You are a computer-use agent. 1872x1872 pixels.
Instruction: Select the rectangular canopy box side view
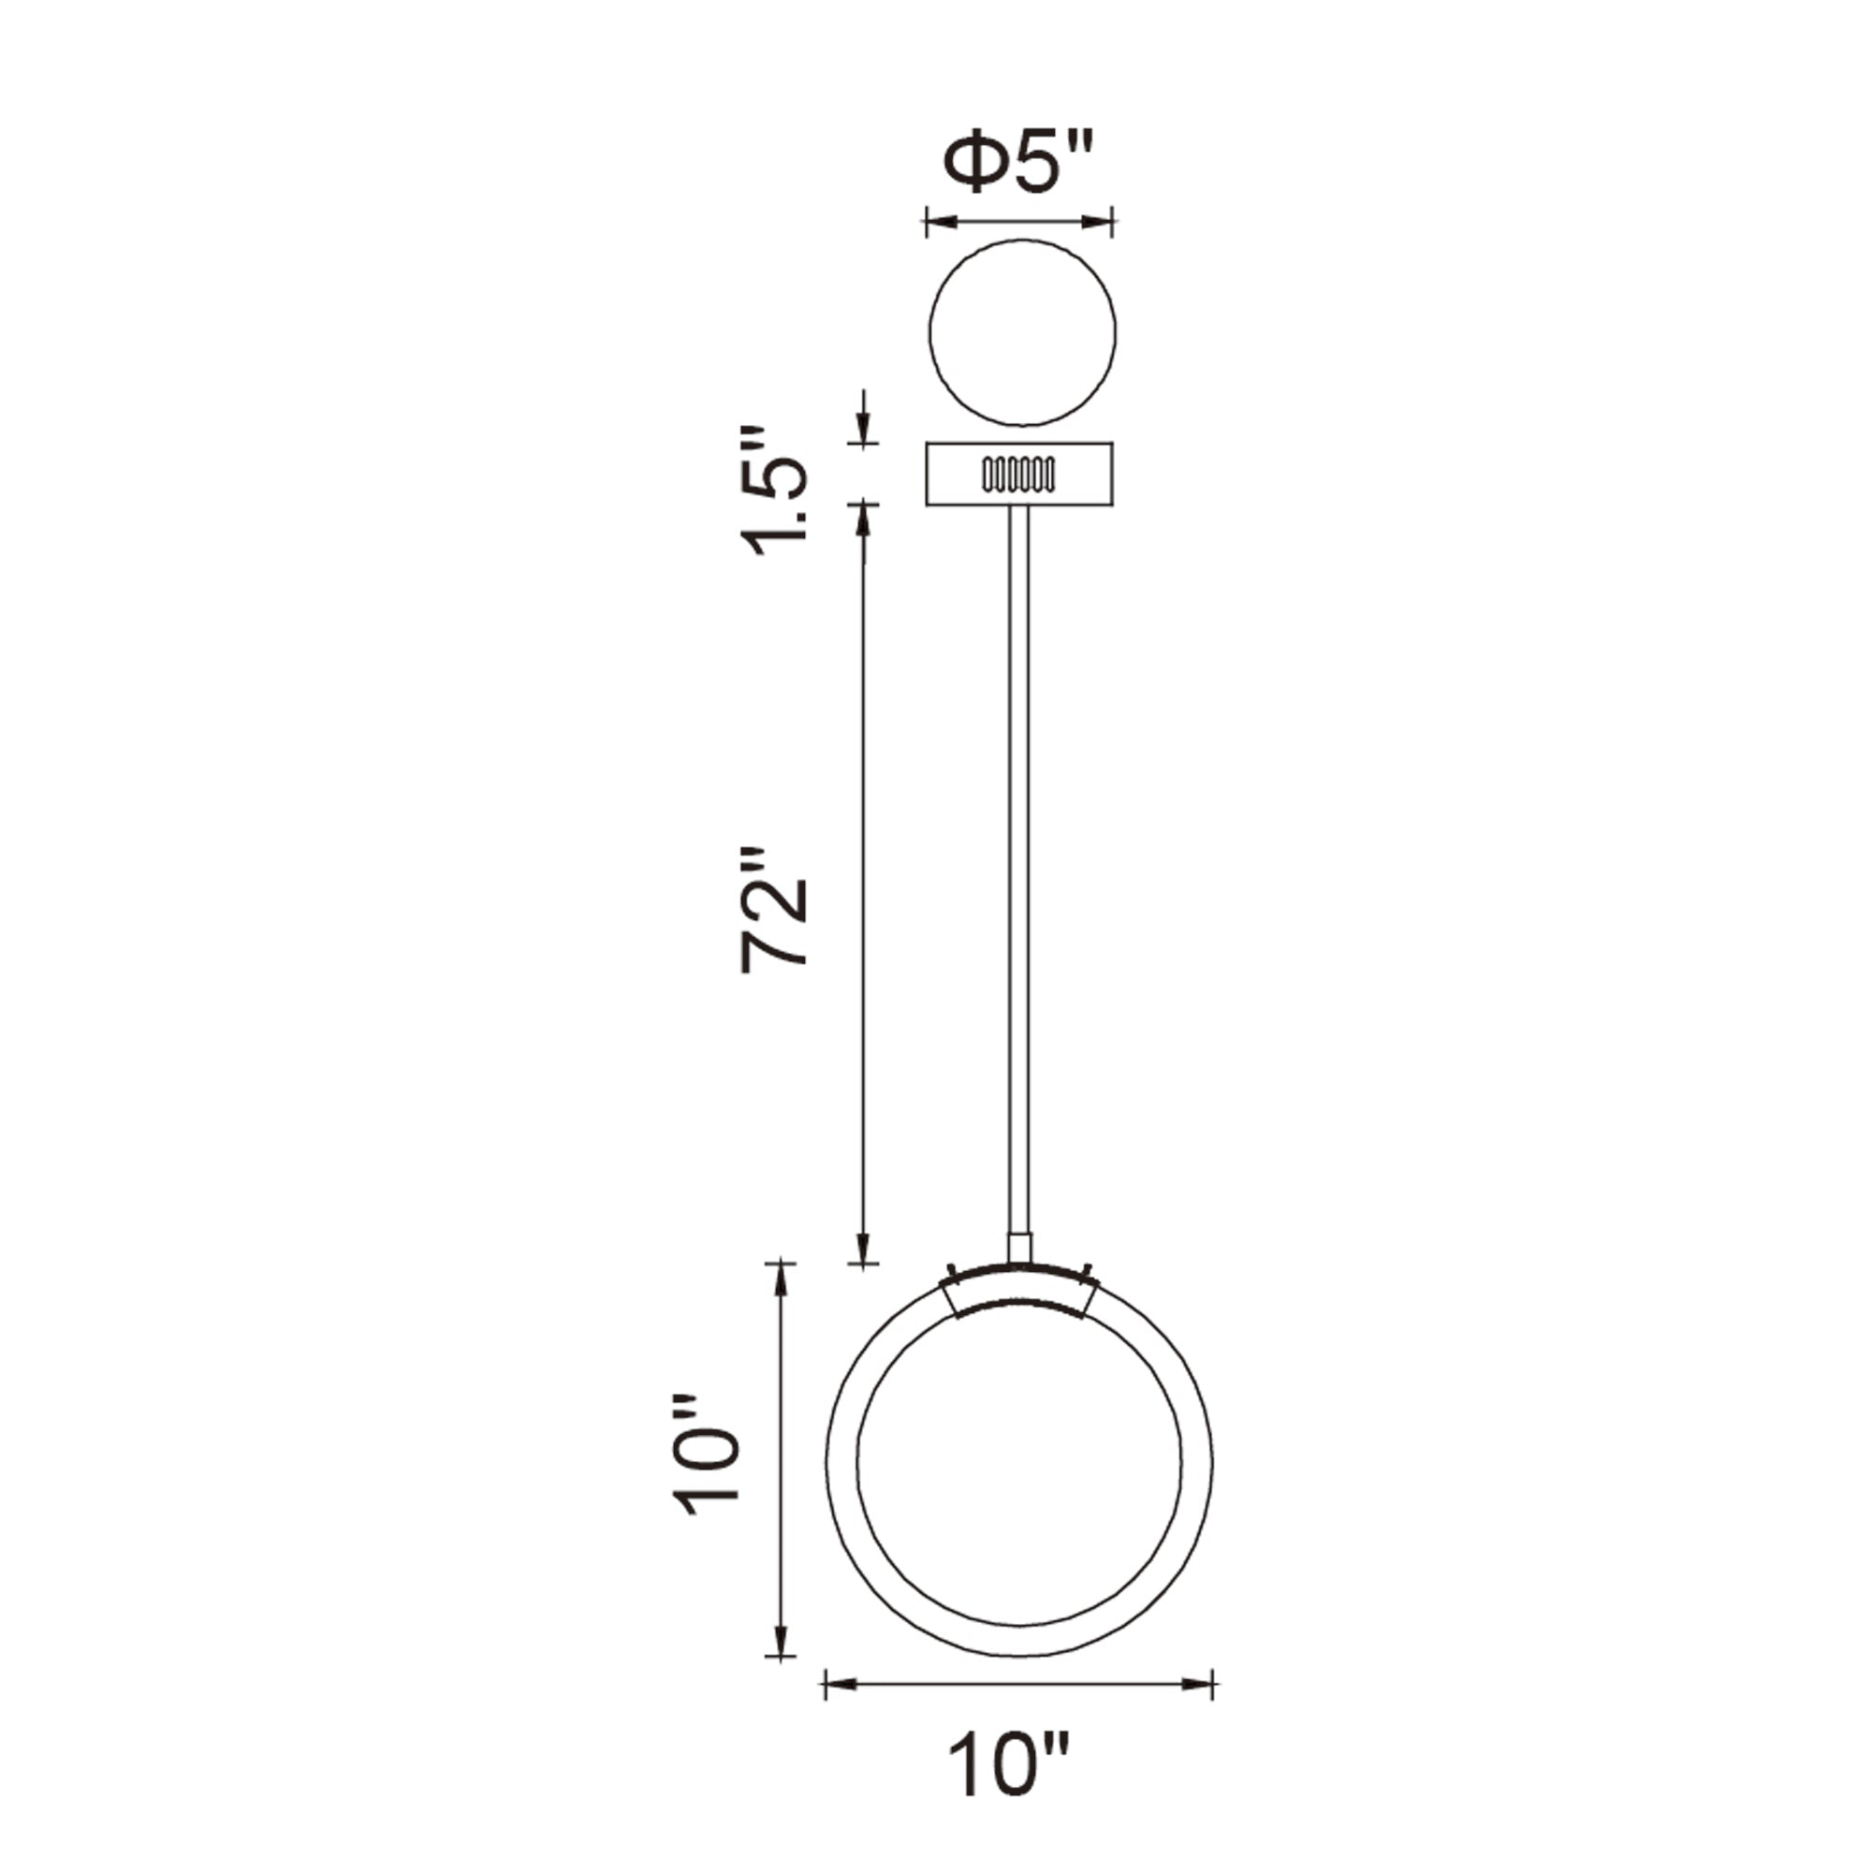(x=959, y=474)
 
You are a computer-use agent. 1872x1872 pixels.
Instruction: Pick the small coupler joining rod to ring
(x=1019, y=1247)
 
